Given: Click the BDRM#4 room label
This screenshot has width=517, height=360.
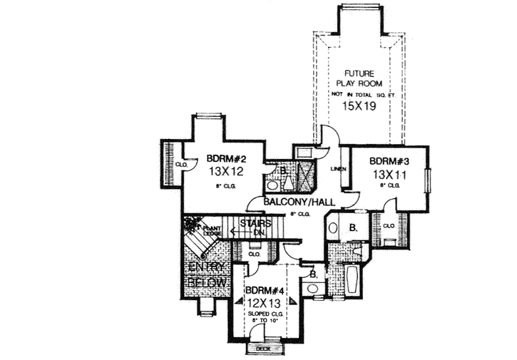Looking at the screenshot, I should point(265,291).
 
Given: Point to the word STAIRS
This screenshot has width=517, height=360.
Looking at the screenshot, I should point(255,224).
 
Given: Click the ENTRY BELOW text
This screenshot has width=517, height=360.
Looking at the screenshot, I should point(207,275).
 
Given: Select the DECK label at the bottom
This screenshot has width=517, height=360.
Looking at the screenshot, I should point(265,349).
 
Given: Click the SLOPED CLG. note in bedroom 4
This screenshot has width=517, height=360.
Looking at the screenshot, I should point(265,314).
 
